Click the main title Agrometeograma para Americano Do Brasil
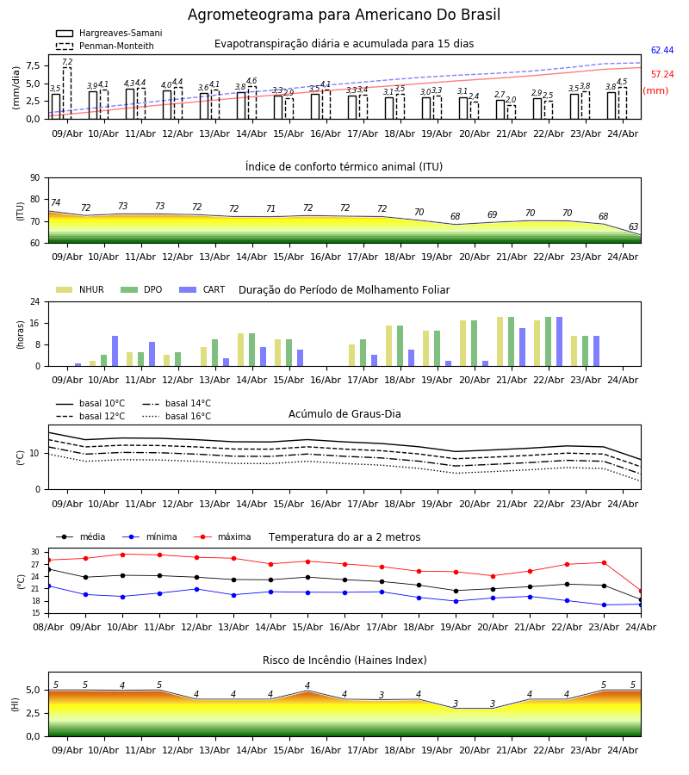pyautogui.click(x=344, y=15)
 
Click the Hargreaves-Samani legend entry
pyautogui.click(x=109, y=33)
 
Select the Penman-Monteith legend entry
pyautogui.click(x=105, y=46)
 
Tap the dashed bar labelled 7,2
pyautogui.click(x=67, y=93)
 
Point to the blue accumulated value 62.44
pyautogui.click(x=662, y=50)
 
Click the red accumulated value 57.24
pyautogui.click(x=662, y=74)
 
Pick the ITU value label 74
pyautogui.click(x=55, y=202)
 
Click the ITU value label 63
pyautogui.click(x=633, y=226)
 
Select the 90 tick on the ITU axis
pyautogui.click(x=35, y=178)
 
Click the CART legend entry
pyautogui.click(x=202, y=289)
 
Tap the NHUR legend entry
pyautogui.click(x=80, y=289)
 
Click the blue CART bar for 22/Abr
pyautogui.click(x=560, y=342)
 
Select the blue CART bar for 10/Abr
pyautogui.click(x=115, y=351)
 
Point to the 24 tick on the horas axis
pyautogui.click(x=35, y=301)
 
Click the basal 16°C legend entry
pyautogui.click(x=177, y=416)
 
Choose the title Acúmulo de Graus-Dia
pyautogui.click(x=344, y=413)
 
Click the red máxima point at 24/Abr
pyautogui.click(x=641, y=591)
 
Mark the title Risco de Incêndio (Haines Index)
pyautogui.click(x=344, y=660)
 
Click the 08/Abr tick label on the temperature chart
pyautogui.click(x=48, y=627)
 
